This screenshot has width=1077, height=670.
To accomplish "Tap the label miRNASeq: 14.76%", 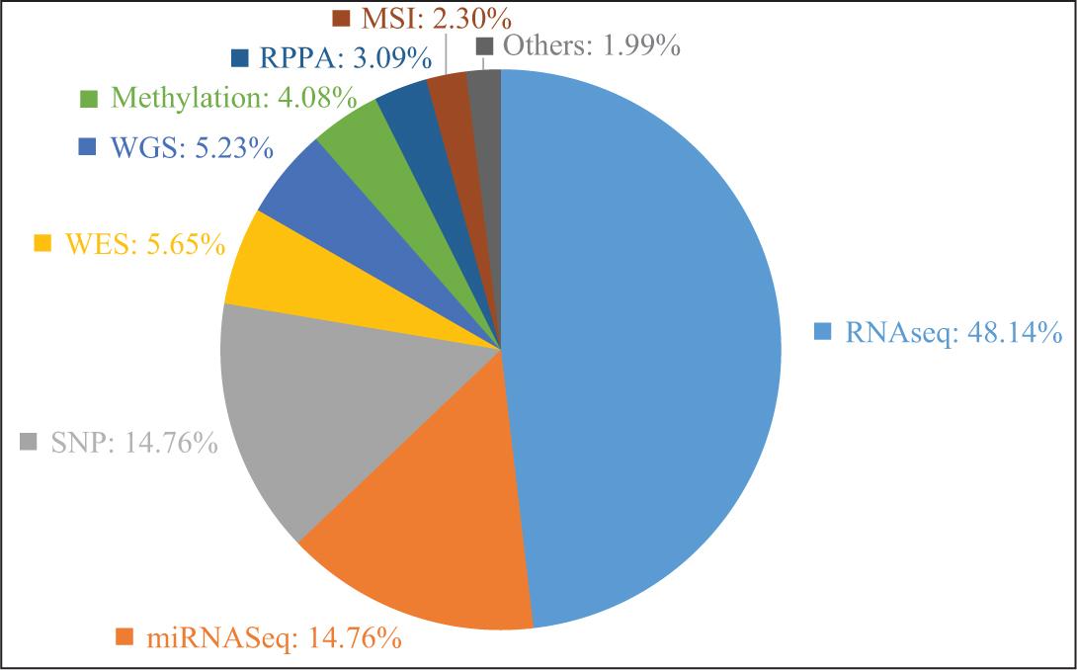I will [272, 638].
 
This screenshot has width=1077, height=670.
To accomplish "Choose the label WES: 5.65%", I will [144, 244].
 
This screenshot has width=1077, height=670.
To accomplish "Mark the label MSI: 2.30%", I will [436, 17].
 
